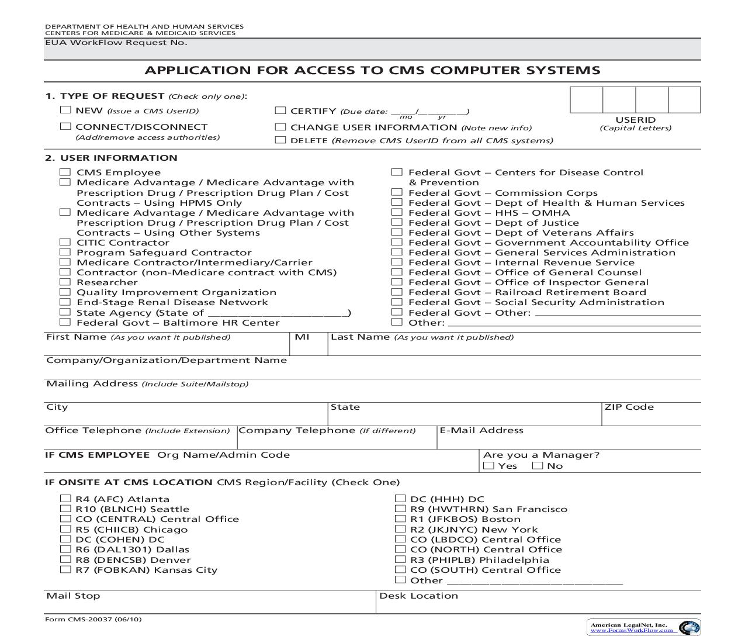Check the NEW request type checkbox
click(x=65, y=110)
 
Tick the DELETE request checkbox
click(x=280, y=140)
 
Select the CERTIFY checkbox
click(x=280, y=110)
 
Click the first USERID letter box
click(x=586, y=100)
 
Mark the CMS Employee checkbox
click(x=65, y=172)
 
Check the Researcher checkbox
click(x=65, y=282)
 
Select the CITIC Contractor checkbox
click(x=65, y=242)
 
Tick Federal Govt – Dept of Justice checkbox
click(x=397, y=222)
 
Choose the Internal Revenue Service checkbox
click(x=397, y=262)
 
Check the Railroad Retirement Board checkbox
click(x=397, y=292)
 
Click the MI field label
click(x=302, y=337)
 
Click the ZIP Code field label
click(x=629, y=407)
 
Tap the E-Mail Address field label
click(x=481, y=430)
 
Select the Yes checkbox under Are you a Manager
click(x=489, y=466)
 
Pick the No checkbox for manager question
click(x=538, y=466)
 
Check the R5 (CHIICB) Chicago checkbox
click(x=65, y=529)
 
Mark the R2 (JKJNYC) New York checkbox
click(x=400, y=529)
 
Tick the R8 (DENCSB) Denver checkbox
click(x=65, y=559)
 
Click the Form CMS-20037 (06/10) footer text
click(x=93, y=620)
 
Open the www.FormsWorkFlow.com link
click(x=633, y=630)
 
